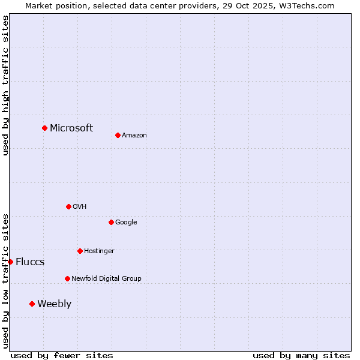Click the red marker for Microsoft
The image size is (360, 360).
(44, 128)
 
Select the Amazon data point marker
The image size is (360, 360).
(118, 135)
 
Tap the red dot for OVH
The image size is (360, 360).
(68, 206)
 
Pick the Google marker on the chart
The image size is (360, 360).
(111, 222)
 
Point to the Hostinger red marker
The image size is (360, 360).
(80, 251)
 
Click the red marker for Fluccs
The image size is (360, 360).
(10, 262)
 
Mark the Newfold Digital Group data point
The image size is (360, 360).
(67, 278)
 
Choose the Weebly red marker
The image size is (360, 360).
(32, 304)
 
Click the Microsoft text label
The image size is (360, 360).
(71, 128)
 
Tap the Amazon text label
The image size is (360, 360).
(134, 136)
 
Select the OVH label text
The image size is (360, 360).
(80, 207)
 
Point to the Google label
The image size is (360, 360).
(126, 223)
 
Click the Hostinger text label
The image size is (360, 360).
(99, 251)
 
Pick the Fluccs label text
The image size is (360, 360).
(30, 262)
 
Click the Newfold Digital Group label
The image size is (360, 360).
(106, 279)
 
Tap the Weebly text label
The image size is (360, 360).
(54, 304)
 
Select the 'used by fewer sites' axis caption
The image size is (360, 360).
(62, 355)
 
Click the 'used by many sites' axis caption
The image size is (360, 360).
(301, 355)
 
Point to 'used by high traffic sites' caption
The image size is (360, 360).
(5, 85)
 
